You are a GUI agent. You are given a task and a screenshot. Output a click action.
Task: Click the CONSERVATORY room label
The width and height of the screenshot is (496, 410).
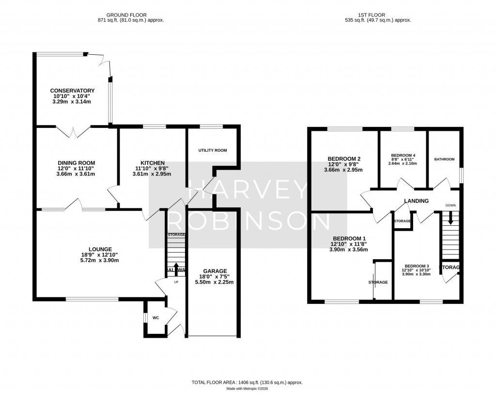pos(72,91)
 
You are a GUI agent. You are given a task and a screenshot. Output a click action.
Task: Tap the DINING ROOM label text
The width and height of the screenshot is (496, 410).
pos(77,163)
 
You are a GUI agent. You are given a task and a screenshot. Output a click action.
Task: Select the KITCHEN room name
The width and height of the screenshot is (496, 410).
pos(153,163)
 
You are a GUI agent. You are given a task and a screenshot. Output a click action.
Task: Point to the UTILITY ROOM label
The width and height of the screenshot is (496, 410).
pos(212,151)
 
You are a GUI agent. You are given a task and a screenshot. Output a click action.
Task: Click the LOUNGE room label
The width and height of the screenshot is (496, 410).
pos(100,250)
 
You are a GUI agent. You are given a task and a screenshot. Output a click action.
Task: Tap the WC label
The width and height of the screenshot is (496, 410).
pos(155,318)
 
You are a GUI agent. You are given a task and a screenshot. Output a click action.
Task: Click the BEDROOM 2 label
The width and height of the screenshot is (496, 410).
pos(344,159)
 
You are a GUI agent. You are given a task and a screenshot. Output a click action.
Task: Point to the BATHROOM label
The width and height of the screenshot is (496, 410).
pos(444,159)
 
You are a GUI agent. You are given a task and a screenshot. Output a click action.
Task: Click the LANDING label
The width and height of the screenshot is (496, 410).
pos(417,201)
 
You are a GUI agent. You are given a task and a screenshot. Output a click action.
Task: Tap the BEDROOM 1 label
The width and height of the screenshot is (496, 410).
pos(349,238)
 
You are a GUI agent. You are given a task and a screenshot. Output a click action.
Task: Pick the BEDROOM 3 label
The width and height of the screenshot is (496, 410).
pos(417,266)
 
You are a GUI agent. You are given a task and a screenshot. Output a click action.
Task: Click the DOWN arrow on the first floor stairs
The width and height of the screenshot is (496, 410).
pos(450,219)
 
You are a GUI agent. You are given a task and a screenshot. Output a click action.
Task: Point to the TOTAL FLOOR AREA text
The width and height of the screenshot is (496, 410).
pos(248,382)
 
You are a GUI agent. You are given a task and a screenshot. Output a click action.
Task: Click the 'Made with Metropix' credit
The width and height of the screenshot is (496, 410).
pos(248,389)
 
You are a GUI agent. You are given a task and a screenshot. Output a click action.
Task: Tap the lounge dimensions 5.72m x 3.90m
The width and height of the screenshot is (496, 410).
pos(100,261)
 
